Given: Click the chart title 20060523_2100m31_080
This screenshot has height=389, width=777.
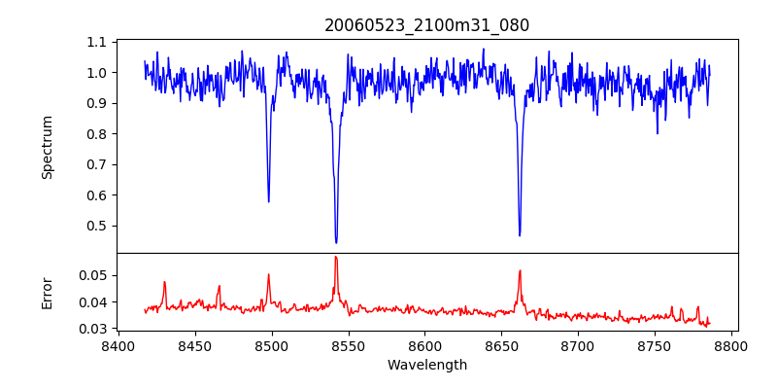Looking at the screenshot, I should click(426, 25).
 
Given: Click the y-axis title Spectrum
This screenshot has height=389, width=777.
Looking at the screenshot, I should click(47, 147).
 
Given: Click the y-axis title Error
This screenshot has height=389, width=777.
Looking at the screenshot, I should click(47, 292).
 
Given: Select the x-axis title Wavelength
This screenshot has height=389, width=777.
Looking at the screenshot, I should click(426, 366).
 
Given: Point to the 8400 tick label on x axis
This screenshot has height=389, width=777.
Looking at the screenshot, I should click(118, 346).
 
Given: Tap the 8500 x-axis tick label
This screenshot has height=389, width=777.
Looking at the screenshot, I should click(272, 346).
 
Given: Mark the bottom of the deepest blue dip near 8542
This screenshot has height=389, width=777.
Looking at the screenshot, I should click(336, 242).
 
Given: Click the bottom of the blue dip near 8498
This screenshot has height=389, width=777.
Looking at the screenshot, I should click(269, 201).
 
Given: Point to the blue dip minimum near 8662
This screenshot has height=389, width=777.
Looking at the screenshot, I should click(520, 235).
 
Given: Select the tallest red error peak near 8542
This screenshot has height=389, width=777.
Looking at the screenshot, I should click(336, 257).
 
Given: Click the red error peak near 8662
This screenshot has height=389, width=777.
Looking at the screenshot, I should click(520, 270).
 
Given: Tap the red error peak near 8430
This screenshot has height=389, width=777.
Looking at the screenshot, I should click(164, 282).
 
